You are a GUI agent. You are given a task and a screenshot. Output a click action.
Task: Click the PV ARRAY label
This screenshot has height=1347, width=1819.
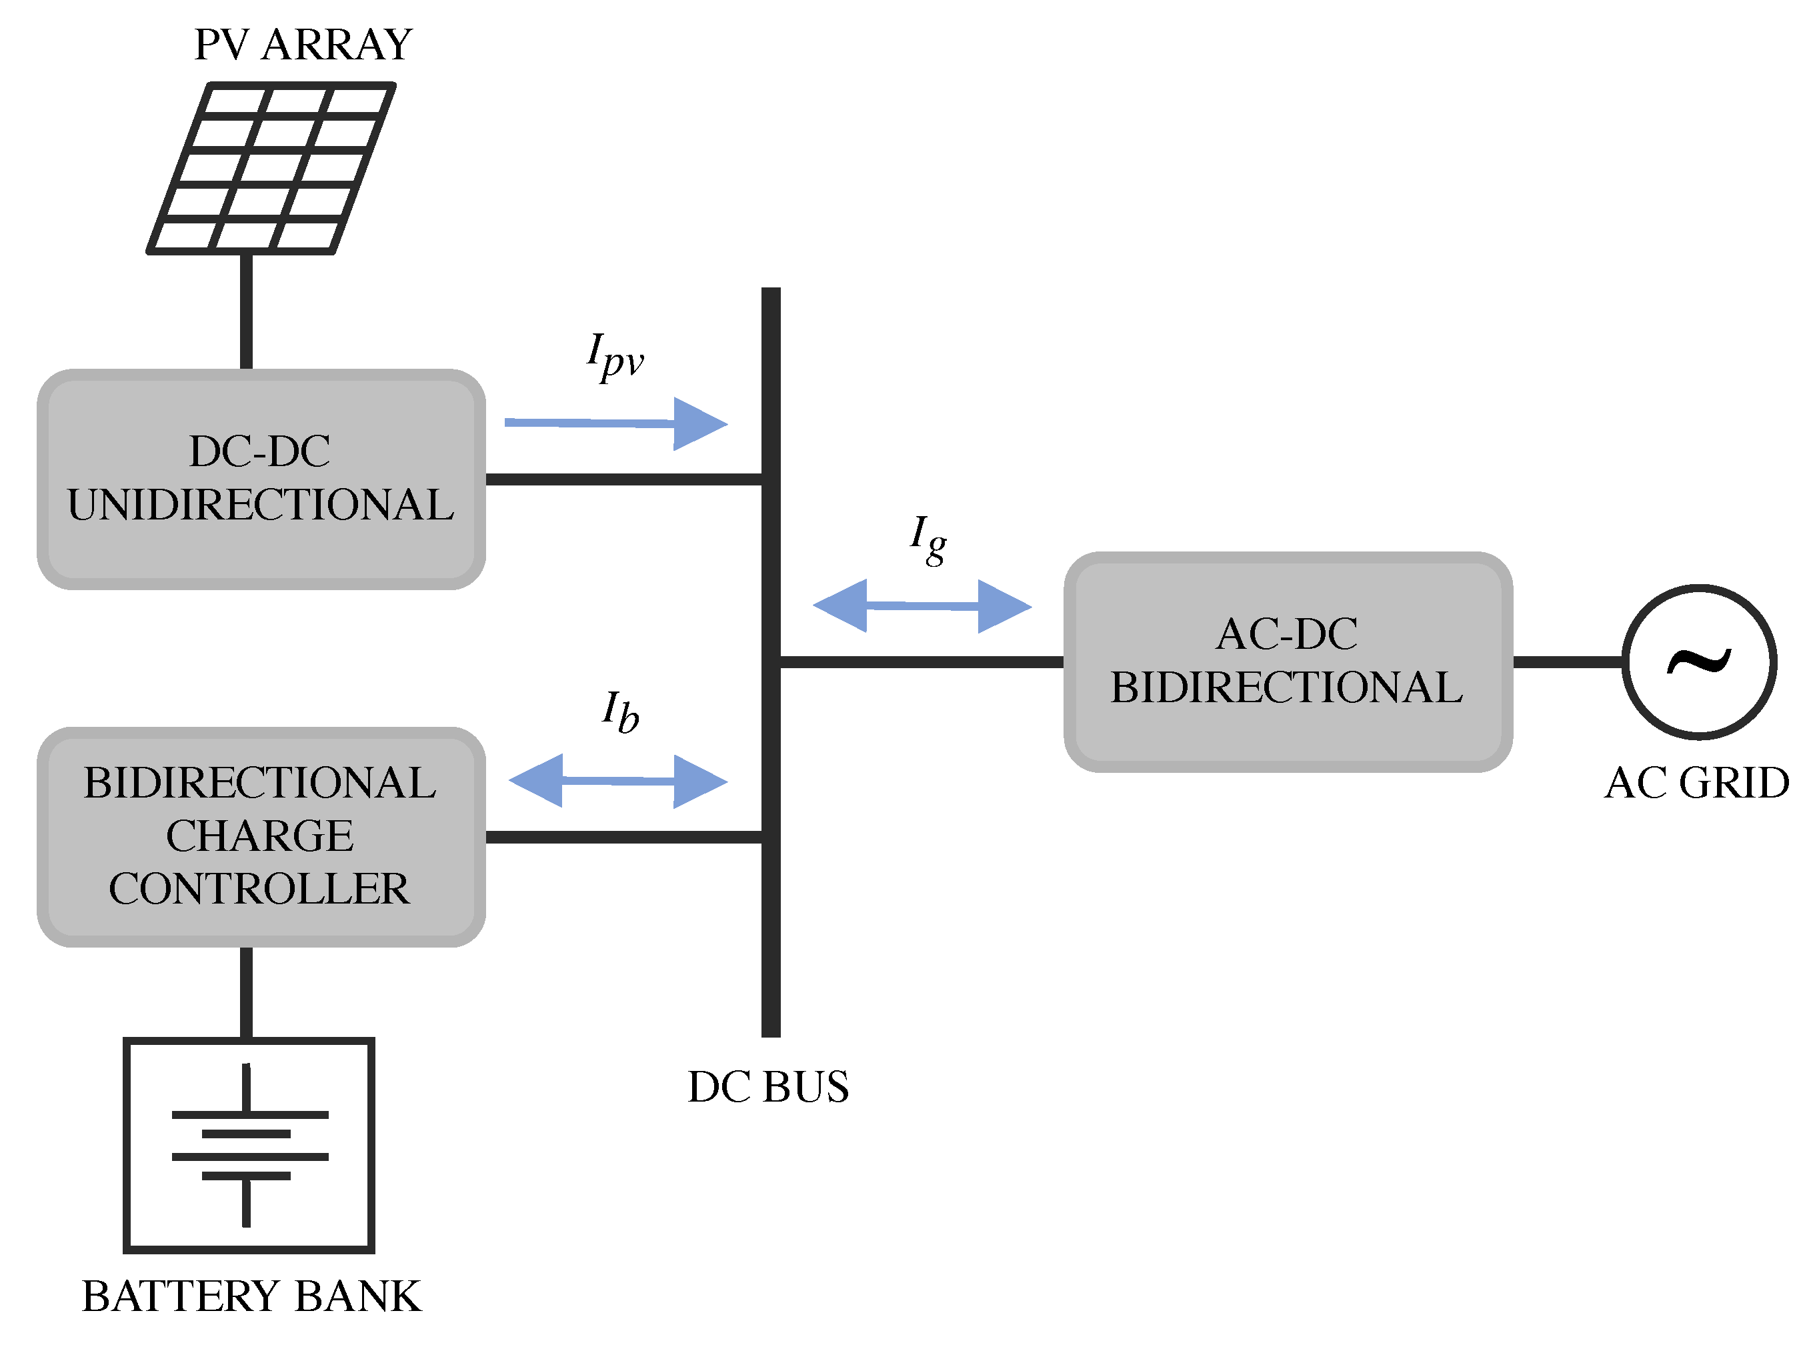(x=303, y=45)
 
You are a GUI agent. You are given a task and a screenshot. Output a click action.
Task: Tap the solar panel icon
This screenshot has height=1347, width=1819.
(x=271, y=168)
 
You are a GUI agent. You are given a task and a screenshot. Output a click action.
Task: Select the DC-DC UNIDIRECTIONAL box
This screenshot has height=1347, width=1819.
(x=261, y=479)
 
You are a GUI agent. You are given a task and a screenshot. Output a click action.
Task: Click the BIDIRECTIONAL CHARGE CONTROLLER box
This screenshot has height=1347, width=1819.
(x=261, y=837)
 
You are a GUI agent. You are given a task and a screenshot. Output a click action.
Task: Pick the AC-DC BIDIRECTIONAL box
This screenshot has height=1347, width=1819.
(x=1288, y=661)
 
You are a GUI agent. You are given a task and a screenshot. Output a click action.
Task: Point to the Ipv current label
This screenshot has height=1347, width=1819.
(x=615, y=356)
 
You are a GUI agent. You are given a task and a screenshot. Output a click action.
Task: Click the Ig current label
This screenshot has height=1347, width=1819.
(x=928, y=538)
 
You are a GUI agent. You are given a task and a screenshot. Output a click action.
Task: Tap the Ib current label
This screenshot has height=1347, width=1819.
(x=619, y=712)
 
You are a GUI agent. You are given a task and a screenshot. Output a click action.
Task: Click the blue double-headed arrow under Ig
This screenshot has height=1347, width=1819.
(x=922, y=606)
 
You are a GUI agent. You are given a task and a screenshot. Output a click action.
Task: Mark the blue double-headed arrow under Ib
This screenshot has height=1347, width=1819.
(x=617, y=781)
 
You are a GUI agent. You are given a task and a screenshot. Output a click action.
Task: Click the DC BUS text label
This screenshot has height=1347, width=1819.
(x=768, y=1087)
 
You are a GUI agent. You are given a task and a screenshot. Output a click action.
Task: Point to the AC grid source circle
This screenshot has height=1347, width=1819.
(x=1699, y=661)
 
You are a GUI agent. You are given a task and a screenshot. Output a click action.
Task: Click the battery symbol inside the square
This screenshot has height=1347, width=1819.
(x=248, y=1145)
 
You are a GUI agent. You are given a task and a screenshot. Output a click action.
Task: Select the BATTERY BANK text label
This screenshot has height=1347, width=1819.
(x=251, y=1296)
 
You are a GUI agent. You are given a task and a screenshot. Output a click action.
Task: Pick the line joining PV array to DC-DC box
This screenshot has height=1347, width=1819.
(x=246, y=311)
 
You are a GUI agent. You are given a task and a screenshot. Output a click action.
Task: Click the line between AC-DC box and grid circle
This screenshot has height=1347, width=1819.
(x=1567, y=661)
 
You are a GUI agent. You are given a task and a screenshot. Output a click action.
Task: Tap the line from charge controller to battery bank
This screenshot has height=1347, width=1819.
(x=246, y=992)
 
